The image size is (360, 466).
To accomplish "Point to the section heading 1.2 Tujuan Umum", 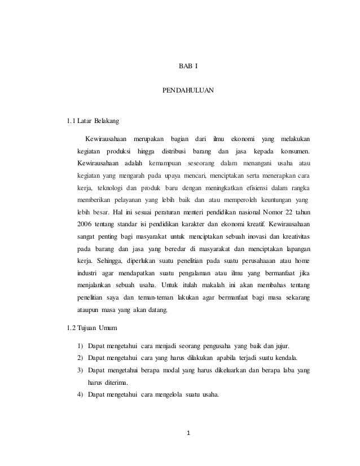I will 93,328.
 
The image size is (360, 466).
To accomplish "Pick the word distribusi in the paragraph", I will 175,151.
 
